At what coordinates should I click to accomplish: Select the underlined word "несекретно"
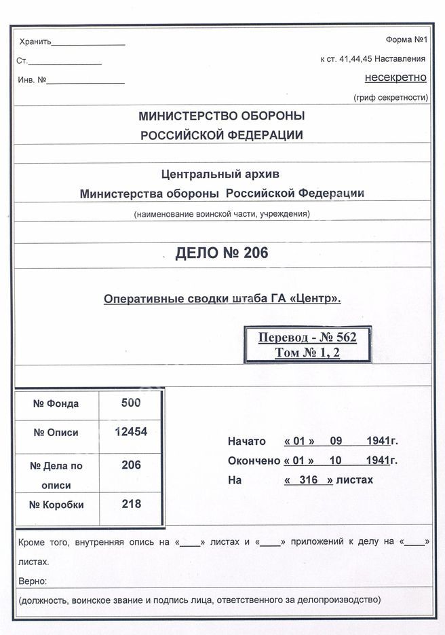pos(395,77)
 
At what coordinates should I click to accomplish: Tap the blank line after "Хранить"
pos(88,44)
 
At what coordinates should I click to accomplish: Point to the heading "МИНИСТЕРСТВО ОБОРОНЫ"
pos(221,116)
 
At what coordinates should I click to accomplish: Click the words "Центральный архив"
pos(221,174)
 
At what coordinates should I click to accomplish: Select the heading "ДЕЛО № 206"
pos(222,254)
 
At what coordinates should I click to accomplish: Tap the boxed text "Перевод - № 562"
pos(307,338)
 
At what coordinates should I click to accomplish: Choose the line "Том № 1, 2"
pos(307,352)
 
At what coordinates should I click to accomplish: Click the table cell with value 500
pos(130,403)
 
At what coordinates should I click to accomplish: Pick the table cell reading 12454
pos(131,433)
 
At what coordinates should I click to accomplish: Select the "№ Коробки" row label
pos(56,505)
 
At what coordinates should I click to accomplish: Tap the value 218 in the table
pos(131,504)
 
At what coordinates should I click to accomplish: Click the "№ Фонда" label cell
pos(56,403)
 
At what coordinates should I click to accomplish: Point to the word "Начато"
pos(247,441)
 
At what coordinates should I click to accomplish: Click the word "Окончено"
pos(254,460)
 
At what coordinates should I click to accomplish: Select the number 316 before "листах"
pos(308,480)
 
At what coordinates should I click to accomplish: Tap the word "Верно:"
pos(33,582)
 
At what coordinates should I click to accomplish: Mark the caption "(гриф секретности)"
pos(391,98)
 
